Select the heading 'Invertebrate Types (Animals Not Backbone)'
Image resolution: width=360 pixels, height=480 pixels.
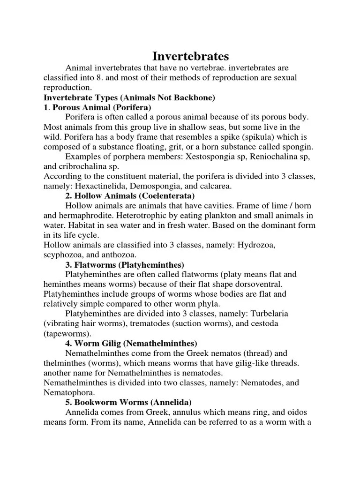tap(129, 97)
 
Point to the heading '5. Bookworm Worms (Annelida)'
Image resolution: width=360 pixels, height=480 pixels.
tap(128, 402)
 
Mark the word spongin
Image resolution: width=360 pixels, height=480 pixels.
tap(294, 146)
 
